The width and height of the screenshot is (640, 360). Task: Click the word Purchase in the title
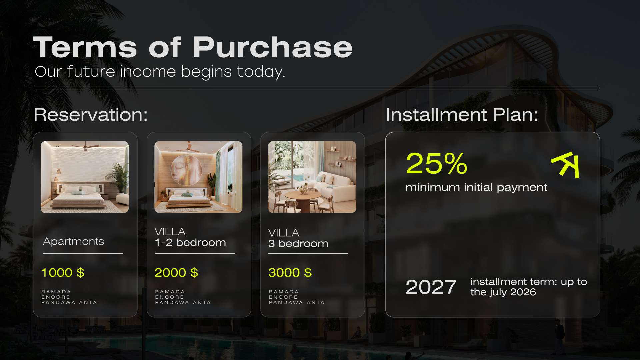(272, 47)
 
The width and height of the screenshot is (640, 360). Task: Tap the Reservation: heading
(91, 115)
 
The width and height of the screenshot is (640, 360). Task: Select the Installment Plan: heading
(462, 115)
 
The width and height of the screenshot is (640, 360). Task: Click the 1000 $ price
(63, 273)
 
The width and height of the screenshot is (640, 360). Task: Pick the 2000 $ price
(176, 273)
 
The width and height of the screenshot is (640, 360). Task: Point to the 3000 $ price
(290, 273)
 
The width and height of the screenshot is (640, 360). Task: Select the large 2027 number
(431, 287)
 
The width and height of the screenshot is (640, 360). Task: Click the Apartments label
(74, 241)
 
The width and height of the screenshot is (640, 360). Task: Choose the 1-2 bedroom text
(190, 243)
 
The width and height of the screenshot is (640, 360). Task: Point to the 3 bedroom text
(298, 244)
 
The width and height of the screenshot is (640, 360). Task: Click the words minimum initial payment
(476, 188)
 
